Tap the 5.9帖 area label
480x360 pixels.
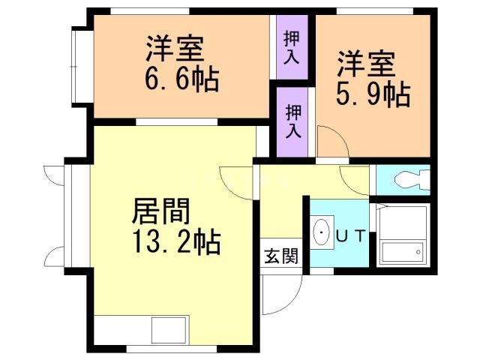(x=372, y=95)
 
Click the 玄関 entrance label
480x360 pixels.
(x=281, y=256)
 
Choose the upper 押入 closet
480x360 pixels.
(x=292, y=48)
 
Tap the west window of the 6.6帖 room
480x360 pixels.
(x=79, y=67)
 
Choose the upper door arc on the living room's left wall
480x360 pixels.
(x=55, y=177)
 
